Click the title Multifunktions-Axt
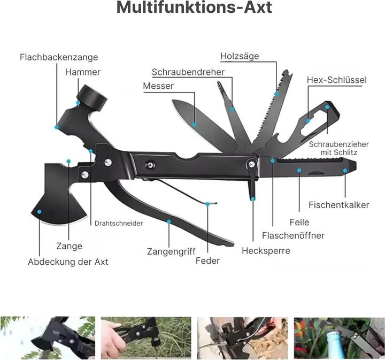[194, 7]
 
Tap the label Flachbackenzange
[59, 57]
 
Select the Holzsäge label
[240, 56]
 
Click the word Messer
[158, 86]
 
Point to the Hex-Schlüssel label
[337, 80]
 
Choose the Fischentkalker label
[339, 205]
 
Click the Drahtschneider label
[119, 223]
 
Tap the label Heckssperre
[266, 251]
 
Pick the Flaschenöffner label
[293, 235]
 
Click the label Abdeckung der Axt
[68, 262]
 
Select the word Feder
[207, 261]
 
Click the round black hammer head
[92, 96]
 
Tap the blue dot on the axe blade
[39, 212]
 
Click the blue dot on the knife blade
[194, 125]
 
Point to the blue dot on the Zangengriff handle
[168, 221]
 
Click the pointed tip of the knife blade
[173, 101]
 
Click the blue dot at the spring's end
[207, 204]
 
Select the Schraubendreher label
[188, 72]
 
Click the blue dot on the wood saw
[277, 94]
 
